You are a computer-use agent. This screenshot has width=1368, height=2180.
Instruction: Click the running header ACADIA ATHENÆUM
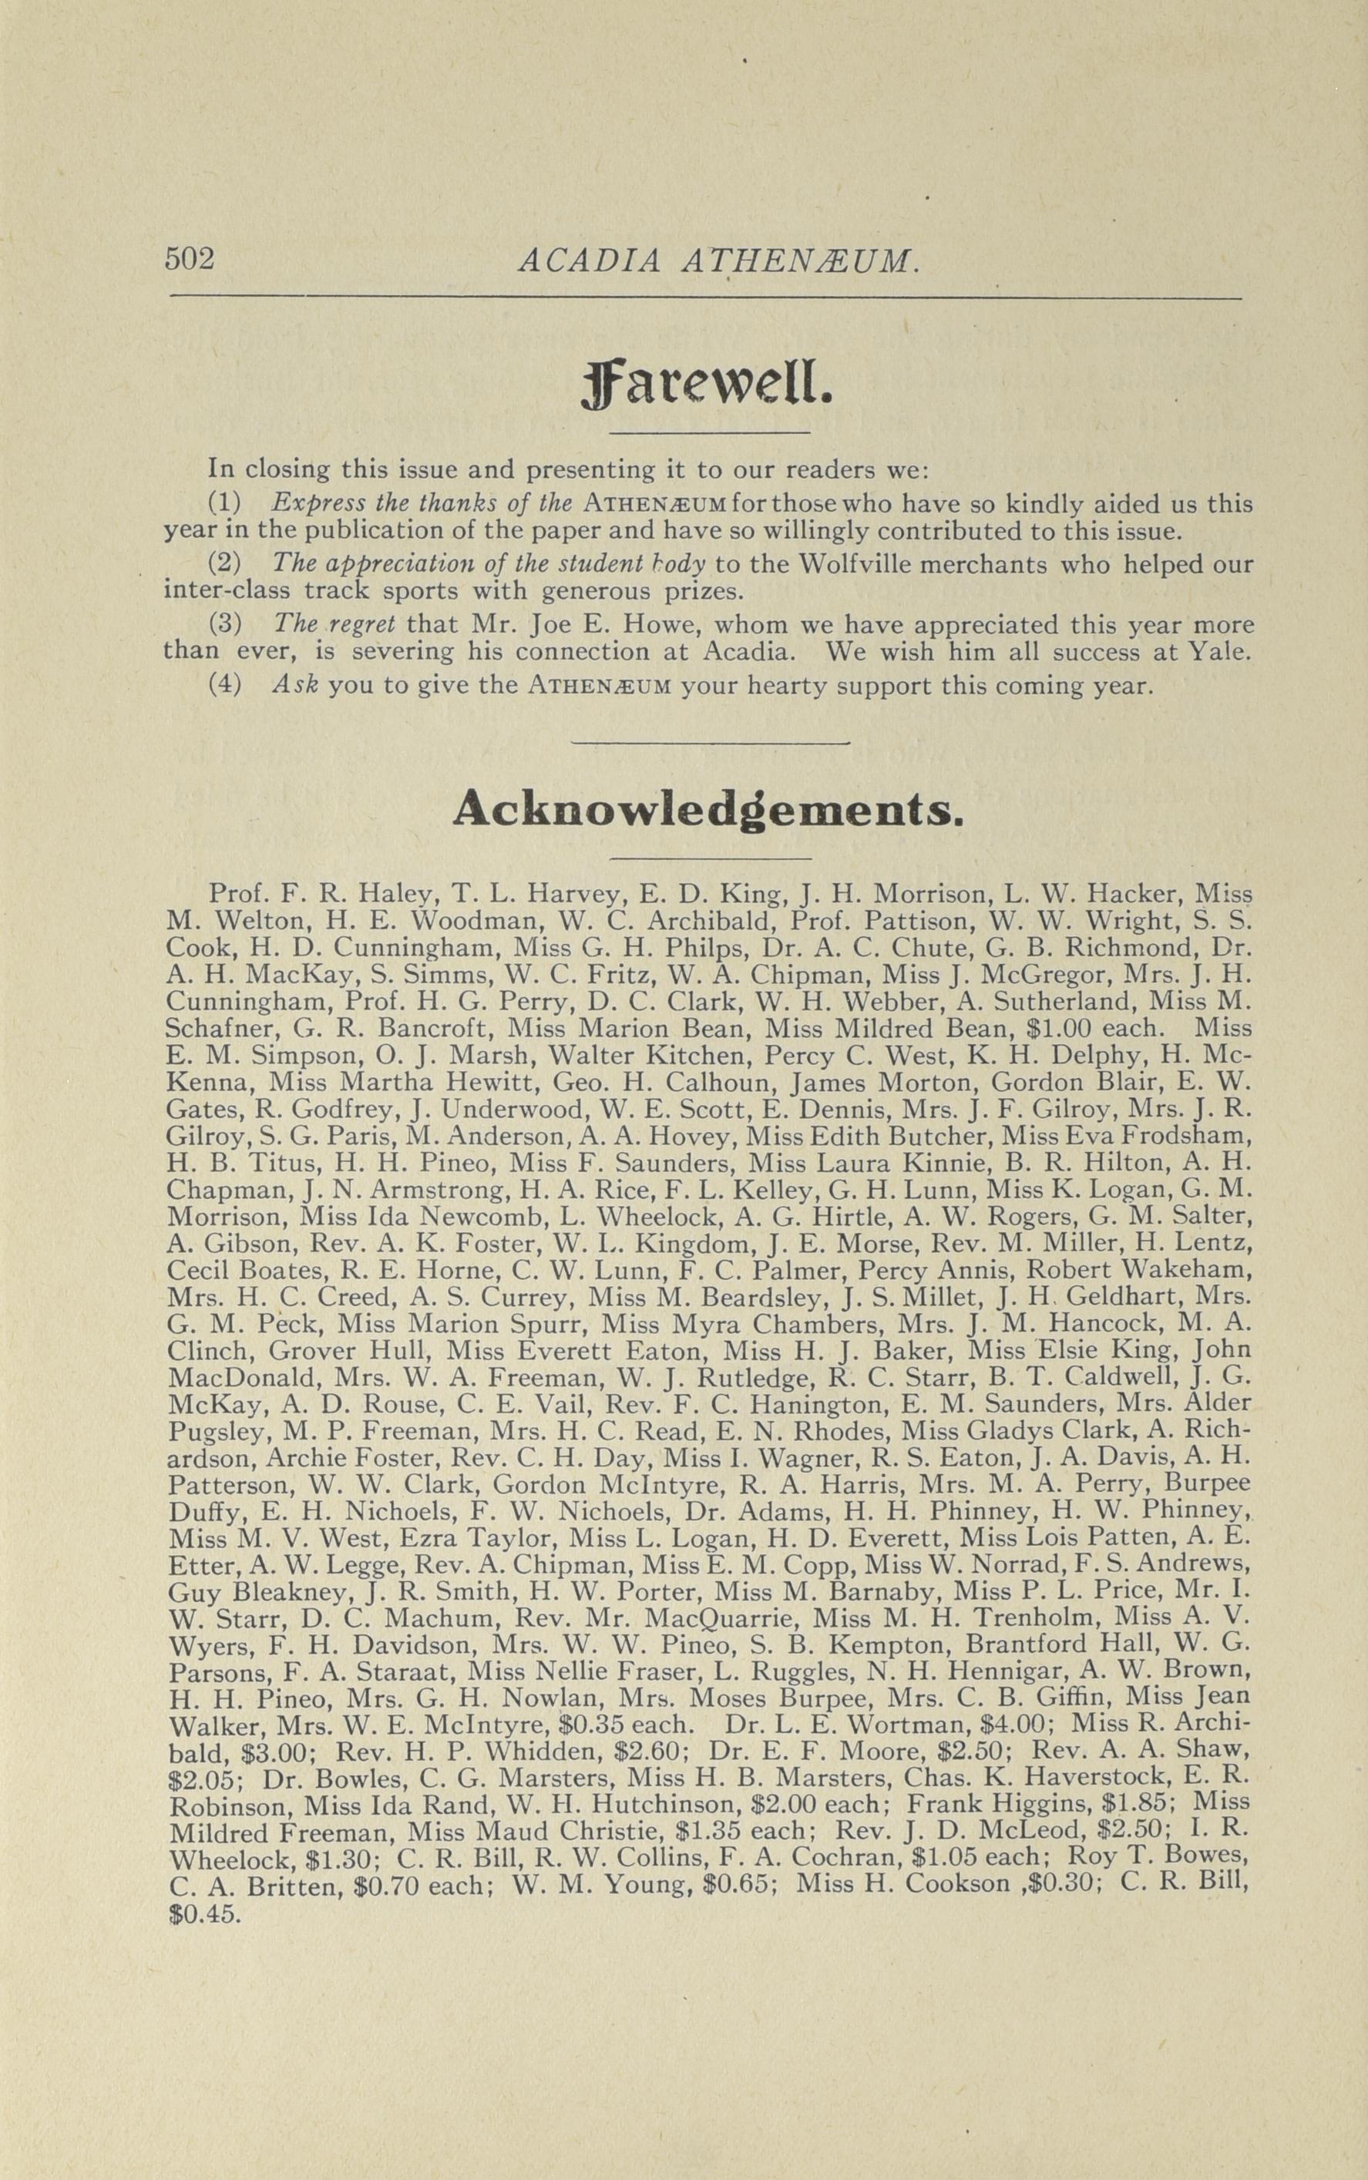[x=720, y=260]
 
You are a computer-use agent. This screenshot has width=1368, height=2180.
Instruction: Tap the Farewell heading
[x=708, y=387]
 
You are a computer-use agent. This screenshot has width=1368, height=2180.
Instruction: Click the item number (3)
[x=225, y=625]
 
